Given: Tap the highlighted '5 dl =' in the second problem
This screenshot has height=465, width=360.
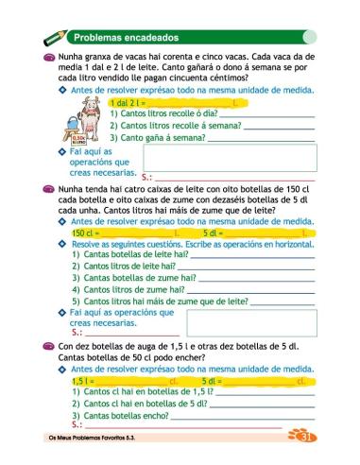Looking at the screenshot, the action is (x=214, y=232).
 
